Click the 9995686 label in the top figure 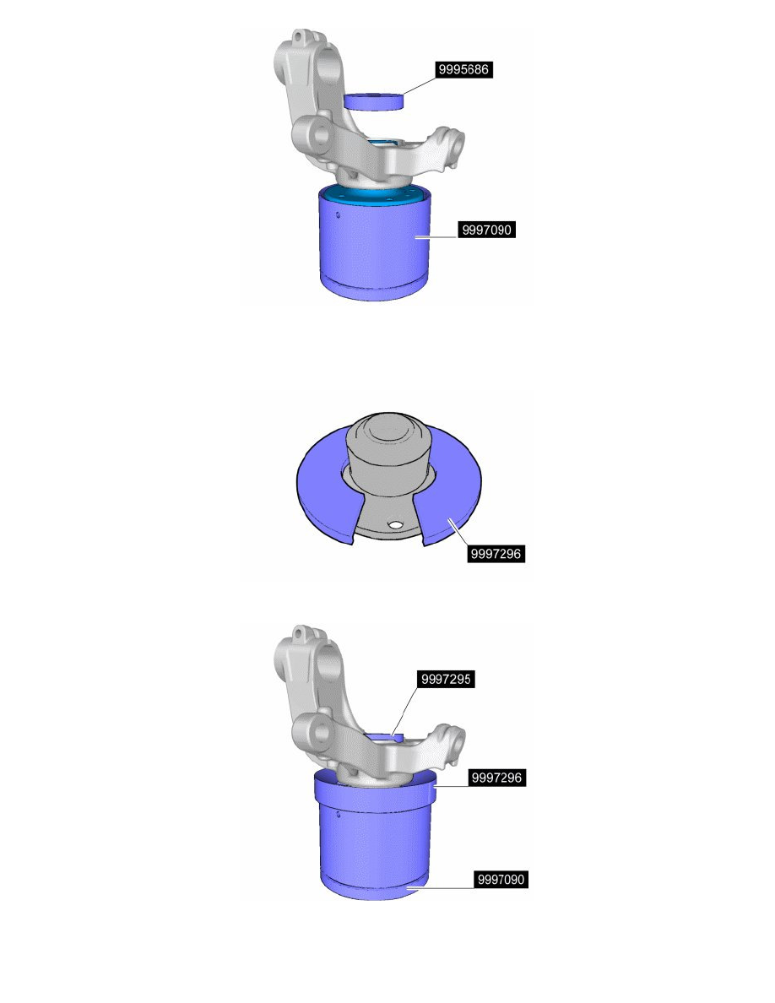[463, 71]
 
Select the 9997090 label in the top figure [485, 230]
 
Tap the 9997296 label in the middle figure [496, 555]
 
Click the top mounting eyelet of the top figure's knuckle [301, 40]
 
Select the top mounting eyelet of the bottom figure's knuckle [301, 635]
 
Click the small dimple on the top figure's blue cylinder [337, 214]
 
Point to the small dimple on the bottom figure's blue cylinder [337, 815]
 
